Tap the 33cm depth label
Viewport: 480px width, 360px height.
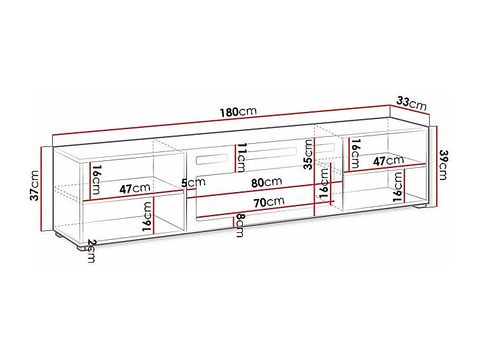coord(411,101)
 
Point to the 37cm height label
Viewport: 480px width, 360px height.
coord(35,185)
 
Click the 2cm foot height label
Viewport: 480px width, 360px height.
coord(91,251)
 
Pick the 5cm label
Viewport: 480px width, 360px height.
coord(193,183)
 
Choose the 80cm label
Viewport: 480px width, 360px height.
coord(266,182)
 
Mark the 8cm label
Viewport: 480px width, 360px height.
coord(240,225)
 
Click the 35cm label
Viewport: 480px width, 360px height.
coord(308,155)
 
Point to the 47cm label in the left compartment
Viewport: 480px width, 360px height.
coord(134,188)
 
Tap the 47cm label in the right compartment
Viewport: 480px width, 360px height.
coord(388,161)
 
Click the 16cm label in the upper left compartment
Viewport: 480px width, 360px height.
coord(95,180)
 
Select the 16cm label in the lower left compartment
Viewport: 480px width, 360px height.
coord(147,216)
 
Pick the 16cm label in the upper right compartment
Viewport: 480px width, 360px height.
coord(355,151)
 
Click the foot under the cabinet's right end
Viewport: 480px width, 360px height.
coord(420,207)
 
